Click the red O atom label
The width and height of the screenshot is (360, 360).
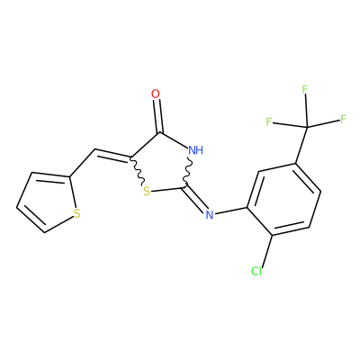(156, 94)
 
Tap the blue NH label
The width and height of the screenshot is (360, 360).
(196, 150)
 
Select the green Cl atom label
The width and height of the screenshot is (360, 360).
(256, 271)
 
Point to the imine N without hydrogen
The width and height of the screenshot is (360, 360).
(210, 214)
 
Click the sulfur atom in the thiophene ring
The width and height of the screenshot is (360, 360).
(77, 213)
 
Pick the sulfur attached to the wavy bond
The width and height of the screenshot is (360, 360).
(147, 192)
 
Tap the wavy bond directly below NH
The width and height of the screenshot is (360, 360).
(187, 171)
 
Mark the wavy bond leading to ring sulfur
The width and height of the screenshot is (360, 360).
(138, 171)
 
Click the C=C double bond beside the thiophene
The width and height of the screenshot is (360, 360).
(112, 155)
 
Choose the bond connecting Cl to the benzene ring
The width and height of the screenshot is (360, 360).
(266, 250)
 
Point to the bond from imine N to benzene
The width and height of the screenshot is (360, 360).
(231, 211)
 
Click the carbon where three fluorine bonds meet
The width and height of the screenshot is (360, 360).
(307, 128)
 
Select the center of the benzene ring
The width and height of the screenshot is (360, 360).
(283, 199)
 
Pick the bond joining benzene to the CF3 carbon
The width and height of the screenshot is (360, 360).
(301, 146)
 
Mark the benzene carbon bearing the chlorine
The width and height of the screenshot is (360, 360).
(272, 235)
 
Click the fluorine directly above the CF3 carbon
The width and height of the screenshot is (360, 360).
(305, 89)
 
